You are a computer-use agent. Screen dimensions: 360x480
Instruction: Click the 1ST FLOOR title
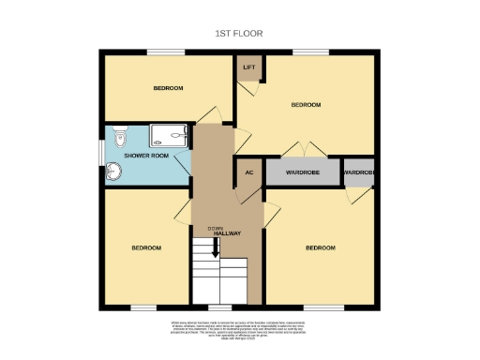[239, 33]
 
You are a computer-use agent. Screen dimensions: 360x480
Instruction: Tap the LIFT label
[249, 67]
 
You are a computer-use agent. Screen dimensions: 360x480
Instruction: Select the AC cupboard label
[249, 173]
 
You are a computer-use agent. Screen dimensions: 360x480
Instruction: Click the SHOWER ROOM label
[148, 155]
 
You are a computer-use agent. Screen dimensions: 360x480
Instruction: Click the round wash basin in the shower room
[114, 172]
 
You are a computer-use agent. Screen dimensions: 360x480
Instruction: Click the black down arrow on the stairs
[215, 247]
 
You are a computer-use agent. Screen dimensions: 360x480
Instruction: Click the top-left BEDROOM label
[168, 88]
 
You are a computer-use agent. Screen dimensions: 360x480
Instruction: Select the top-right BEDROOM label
[306, 104]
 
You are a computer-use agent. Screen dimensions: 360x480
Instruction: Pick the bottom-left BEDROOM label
[145, 247]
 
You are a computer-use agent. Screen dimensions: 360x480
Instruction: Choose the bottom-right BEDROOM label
[321, 247]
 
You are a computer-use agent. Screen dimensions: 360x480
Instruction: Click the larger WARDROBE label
[302, 173]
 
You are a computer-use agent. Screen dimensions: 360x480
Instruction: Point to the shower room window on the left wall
[100, 153]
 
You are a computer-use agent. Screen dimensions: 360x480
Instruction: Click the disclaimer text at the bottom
[240, 329]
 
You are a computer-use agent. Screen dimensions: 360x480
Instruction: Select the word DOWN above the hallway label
[215, 227]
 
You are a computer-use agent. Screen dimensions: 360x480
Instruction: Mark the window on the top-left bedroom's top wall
[169, 52]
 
